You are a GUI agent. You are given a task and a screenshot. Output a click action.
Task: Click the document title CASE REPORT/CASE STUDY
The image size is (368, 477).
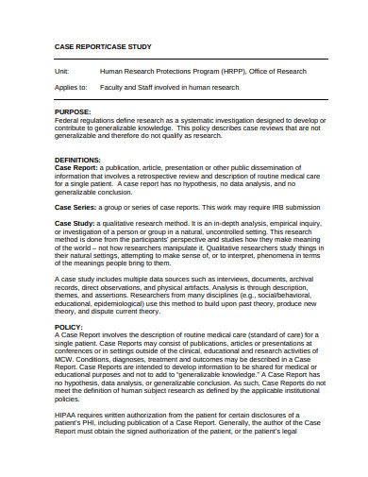pos(102,46)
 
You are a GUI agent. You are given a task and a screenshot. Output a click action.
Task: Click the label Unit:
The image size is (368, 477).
pos(63,71)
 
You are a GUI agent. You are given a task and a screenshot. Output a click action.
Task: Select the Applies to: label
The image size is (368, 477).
pos(72,87)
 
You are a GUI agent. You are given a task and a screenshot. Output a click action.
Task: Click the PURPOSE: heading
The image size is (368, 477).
pos(75,111)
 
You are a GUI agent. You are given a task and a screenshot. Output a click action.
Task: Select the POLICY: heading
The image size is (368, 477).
pos(69,326)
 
